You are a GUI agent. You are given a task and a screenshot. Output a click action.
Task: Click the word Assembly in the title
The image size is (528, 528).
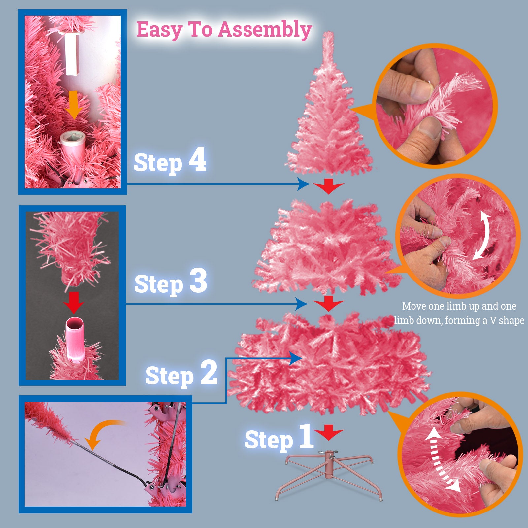(265, 30)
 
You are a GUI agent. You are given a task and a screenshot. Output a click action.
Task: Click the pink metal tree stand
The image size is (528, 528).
(329, 475)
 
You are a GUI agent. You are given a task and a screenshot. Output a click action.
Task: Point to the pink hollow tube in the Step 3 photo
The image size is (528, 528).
(75, 338)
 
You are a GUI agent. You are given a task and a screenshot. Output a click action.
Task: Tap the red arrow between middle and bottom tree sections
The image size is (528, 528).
(328, 304)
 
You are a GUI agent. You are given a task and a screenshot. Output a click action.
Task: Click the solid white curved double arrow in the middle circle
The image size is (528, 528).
(481, 235)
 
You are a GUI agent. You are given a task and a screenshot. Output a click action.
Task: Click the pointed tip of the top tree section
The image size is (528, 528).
(328, 33)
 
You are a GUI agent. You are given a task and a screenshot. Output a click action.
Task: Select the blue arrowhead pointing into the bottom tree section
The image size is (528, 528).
(296, 358)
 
